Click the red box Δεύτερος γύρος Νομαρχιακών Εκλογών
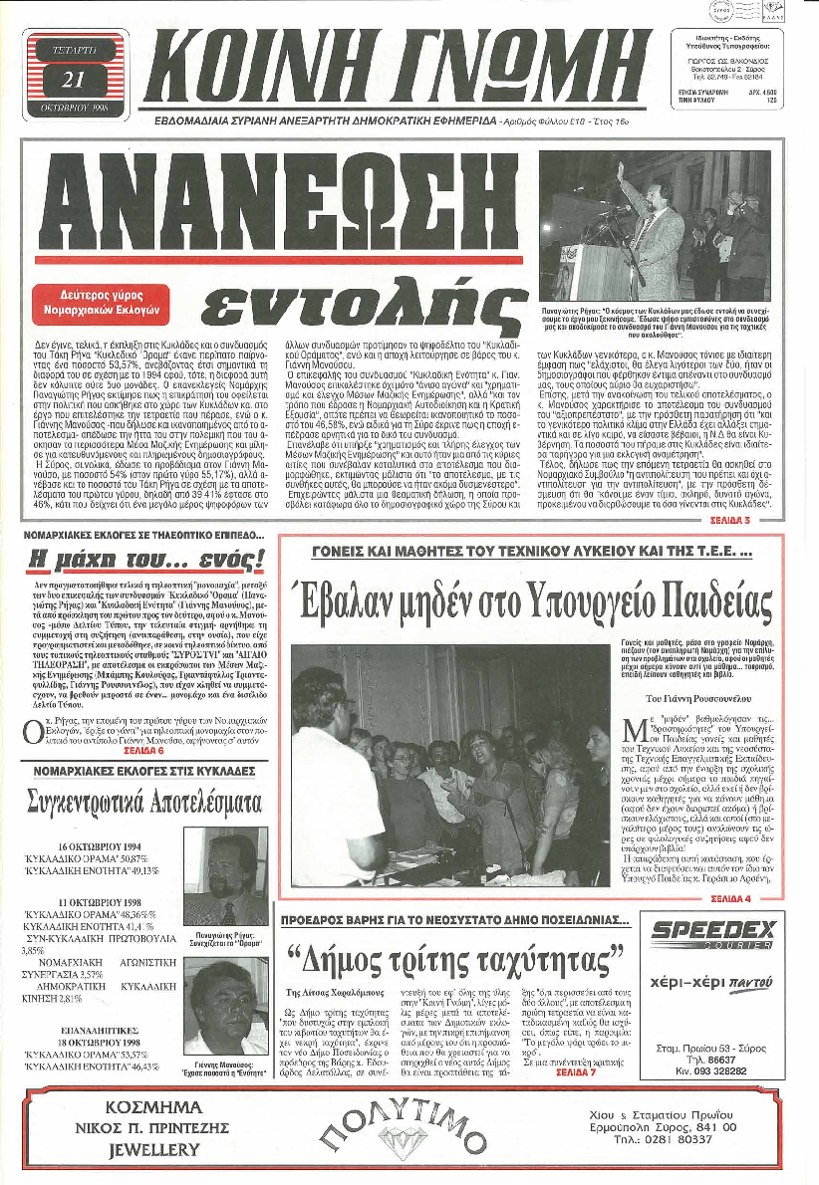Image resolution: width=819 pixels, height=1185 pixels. tap(114, 299)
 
